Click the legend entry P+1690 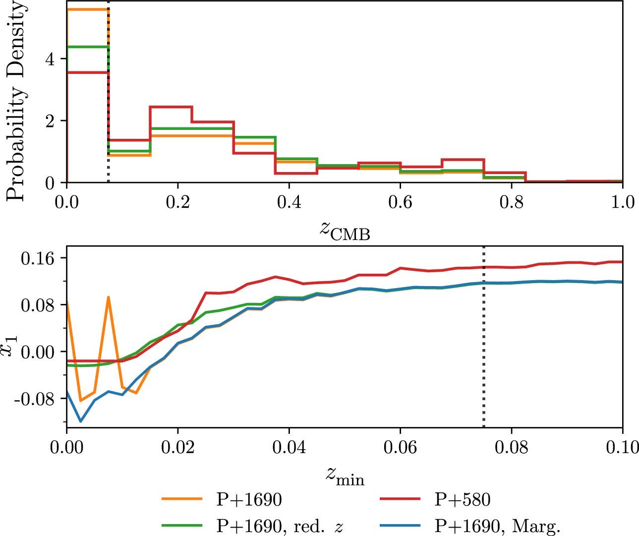249,499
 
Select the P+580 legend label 462,499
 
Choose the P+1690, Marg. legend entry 497,526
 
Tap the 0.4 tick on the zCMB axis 289,202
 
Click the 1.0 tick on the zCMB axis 622,202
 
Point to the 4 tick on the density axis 50,59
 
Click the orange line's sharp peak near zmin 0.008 108,298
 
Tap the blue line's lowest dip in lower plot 80,421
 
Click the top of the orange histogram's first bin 87,9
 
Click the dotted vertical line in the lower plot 483,347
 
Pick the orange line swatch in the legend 182,499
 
